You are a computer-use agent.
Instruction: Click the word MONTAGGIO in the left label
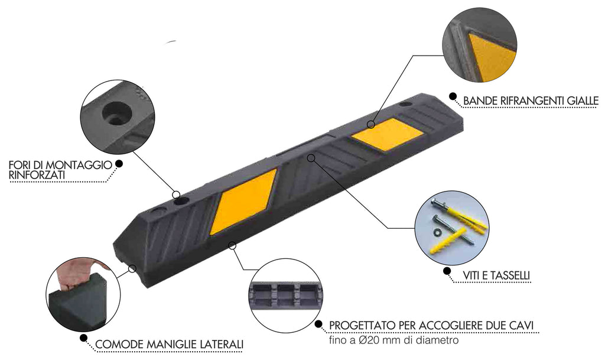click(x=81, y=165)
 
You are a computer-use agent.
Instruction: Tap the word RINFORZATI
click(x=37, y=176)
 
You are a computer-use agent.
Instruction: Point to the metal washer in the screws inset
click(x=438, y=232)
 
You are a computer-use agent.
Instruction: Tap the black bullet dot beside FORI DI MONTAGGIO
click(x=119, y=164)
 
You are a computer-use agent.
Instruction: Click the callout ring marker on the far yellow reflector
click(x=371, y=124)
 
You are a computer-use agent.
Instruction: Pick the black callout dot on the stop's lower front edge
click(x=232, y=245)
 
